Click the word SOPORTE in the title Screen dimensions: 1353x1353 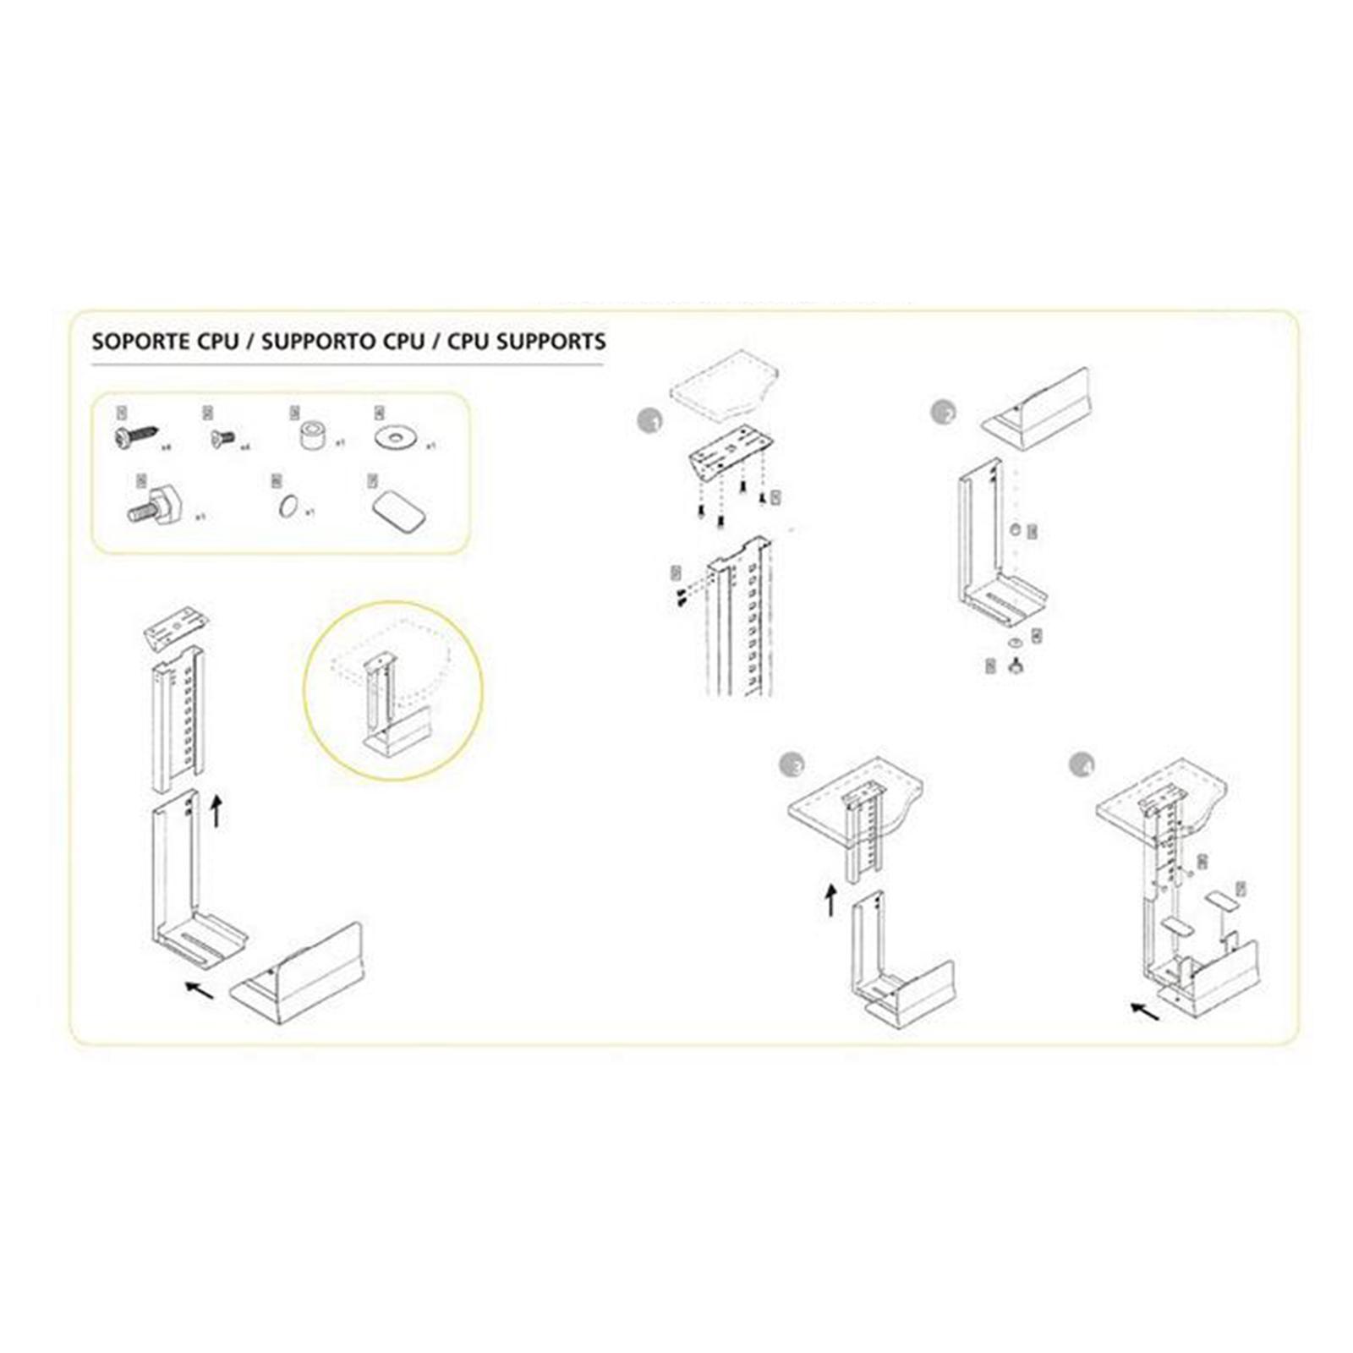coord(140,342)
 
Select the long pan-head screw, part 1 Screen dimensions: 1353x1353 coord(135,437)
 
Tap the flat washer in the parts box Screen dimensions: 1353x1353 coord(395,437)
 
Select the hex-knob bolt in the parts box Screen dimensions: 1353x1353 coord(156,507)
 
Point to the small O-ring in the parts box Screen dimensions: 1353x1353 coord(288,508)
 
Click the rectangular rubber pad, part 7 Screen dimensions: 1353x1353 coord(398,512)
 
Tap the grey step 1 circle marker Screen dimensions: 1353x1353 coord(649,420)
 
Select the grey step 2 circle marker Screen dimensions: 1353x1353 coord(943,413)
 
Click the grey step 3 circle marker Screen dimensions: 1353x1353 coord(792,764)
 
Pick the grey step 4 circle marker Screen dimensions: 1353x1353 coord(1082,764)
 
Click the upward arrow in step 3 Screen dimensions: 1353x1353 coord(831,900)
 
